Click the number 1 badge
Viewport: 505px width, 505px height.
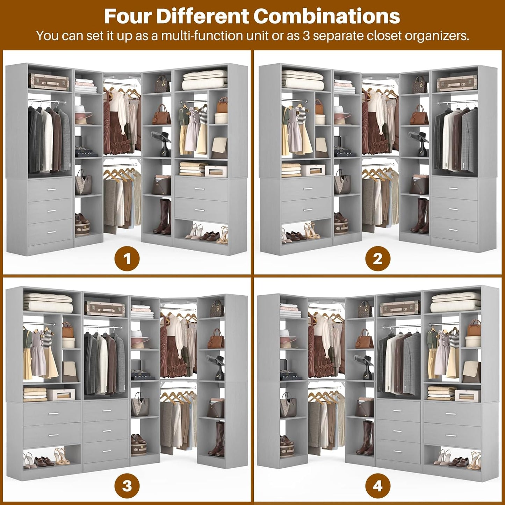click(127, 259)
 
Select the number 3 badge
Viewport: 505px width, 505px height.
click(127, 486)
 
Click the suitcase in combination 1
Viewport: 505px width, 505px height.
click(49, 81)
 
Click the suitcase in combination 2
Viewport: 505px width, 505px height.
click(457, 84)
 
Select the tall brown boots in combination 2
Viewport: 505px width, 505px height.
click(420, 216)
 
